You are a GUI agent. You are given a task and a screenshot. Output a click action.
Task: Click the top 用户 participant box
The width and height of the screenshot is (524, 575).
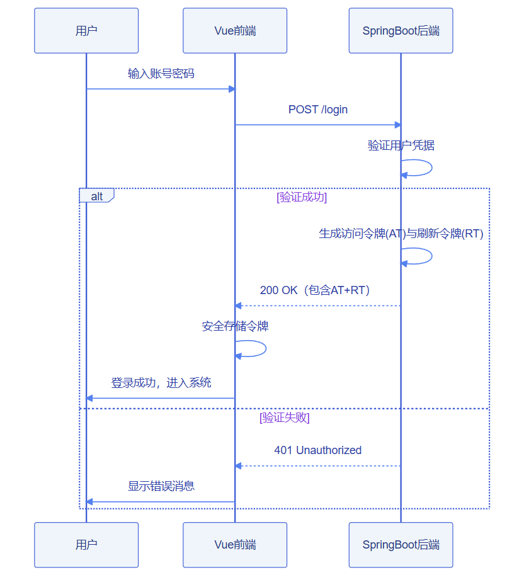point(86,30)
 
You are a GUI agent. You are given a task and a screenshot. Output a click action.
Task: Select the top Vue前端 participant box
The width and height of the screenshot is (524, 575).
point(235,30)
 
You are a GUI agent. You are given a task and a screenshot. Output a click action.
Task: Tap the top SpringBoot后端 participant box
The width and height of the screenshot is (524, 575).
point(401,30)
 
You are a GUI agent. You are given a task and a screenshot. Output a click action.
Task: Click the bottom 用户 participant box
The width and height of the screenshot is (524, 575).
point(86,545)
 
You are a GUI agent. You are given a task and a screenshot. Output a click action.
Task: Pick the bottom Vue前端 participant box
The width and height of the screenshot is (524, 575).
point(235,545)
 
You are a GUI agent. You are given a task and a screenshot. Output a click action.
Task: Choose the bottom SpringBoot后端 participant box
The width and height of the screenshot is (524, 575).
point(401,545)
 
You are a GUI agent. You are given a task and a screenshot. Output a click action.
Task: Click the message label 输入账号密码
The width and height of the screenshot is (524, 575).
point(161,74)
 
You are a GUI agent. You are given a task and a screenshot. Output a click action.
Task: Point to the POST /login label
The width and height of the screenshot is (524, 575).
point(318,110)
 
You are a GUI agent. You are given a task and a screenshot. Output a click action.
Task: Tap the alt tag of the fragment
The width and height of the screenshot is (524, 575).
point(97,196)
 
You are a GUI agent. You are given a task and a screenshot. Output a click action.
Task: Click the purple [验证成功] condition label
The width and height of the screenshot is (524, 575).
point(302,197)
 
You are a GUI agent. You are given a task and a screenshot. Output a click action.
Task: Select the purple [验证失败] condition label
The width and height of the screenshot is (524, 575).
point(285,418)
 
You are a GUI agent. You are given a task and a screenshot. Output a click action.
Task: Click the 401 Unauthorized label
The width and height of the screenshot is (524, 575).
point(318,450)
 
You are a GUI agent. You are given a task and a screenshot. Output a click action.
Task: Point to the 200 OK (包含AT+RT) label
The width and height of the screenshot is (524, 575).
point(315,290)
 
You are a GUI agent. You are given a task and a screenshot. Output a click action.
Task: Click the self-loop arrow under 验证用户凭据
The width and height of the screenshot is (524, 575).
point(431,168)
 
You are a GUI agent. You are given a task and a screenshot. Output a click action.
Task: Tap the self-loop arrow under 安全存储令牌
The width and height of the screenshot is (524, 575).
point(266,348)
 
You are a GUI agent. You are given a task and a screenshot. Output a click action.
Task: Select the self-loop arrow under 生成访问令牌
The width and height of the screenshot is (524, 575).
point(431,256)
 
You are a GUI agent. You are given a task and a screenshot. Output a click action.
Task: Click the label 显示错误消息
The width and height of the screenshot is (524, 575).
point(161,486)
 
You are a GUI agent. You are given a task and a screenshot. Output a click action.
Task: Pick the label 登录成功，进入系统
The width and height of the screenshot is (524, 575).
point(161,382)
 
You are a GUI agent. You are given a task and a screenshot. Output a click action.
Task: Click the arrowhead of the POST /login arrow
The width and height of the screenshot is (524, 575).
point(398,125)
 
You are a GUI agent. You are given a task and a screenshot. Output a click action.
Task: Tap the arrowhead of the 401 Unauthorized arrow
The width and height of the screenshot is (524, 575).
point(238,466)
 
